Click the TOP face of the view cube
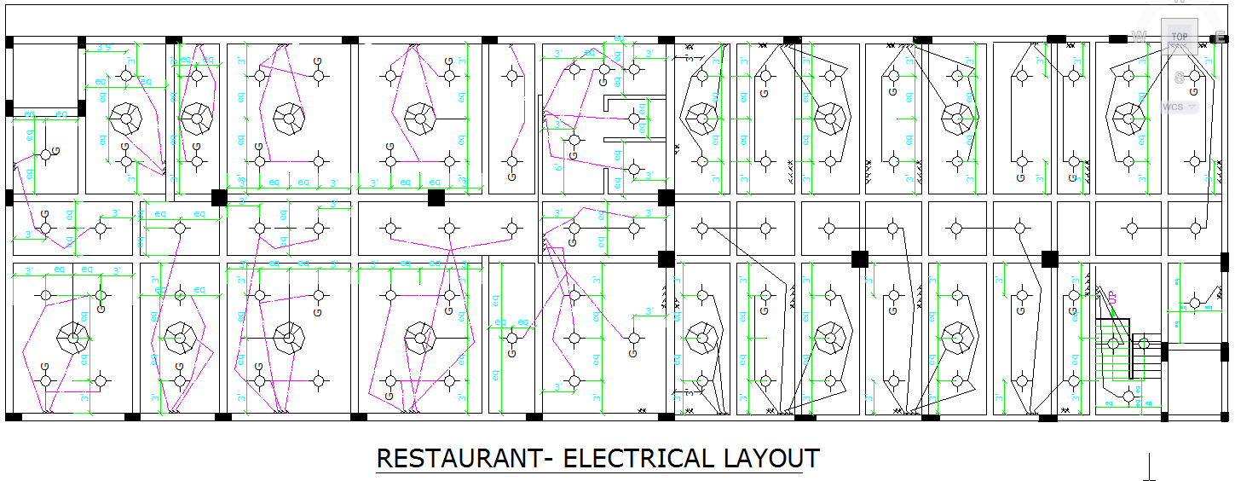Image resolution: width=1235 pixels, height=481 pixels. click(x=1180, y=37)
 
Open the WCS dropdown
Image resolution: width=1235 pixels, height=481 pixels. click(x=1179, y=107)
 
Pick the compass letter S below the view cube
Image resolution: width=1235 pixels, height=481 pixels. click(x=1180, y=78)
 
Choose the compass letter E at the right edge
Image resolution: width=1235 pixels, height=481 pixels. click(x=1221, y=37)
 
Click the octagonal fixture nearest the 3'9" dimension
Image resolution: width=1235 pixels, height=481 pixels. click(x=126, y=118)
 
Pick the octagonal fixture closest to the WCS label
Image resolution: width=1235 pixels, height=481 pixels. click(x=1128, y=118)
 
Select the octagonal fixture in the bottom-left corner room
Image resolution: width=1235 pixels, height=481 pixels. click(x=72, y=338)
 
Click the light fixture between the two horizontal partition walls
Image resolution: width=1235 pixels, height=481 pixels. click(x=633, y=119)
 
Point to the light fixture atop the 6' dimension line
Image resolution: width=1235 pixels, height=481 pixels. click(x=574, y=139)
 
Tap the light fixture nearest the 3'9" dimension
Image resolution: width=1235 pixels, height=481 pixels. click(x=126, y=75)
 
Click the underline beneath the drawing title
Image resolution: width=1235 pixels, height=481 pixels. click(x=597, y=472)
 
